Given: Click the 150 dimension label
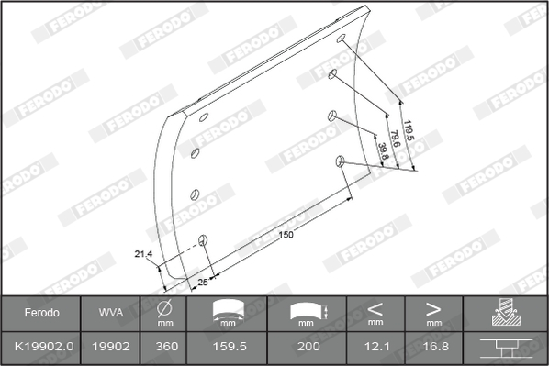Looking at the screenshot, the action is [286, 235].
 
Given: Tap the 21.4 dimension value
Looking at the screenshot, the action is [143, 254].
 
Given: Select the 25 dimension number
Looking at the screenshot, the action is [203, 282].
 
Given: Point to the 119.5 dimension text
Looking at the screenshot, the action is [409, 130].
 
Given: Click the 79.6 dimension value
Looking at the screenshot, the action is [395, 139].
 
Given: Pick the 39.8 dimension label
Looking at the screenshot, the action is [383, 151].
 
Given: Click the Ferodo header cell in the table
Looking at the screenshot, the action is [41, 313].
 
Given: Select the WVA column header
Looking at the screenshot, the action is [111, 313].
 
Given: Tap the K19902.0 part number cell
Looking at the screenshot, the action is [44, 347].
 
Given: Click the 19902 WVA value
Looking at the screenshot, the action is [111, 347].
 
